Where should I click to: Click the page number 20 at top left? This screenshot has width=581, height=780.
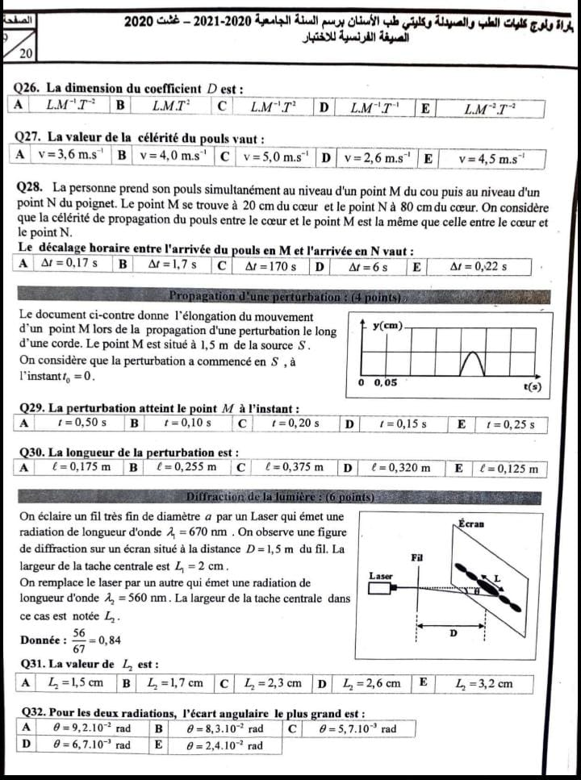pos(25,54)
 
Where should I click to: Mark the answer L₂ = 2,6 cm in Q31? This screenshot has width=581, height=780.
pos(370,683)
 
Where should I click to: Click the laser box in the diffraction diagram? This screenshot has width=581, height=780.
pos(380,590)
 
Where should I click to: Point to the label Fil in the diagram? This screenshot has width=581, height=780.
pos(417,557)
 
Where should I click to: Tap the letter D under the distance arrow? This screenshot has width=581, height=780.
pos(452,633)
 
